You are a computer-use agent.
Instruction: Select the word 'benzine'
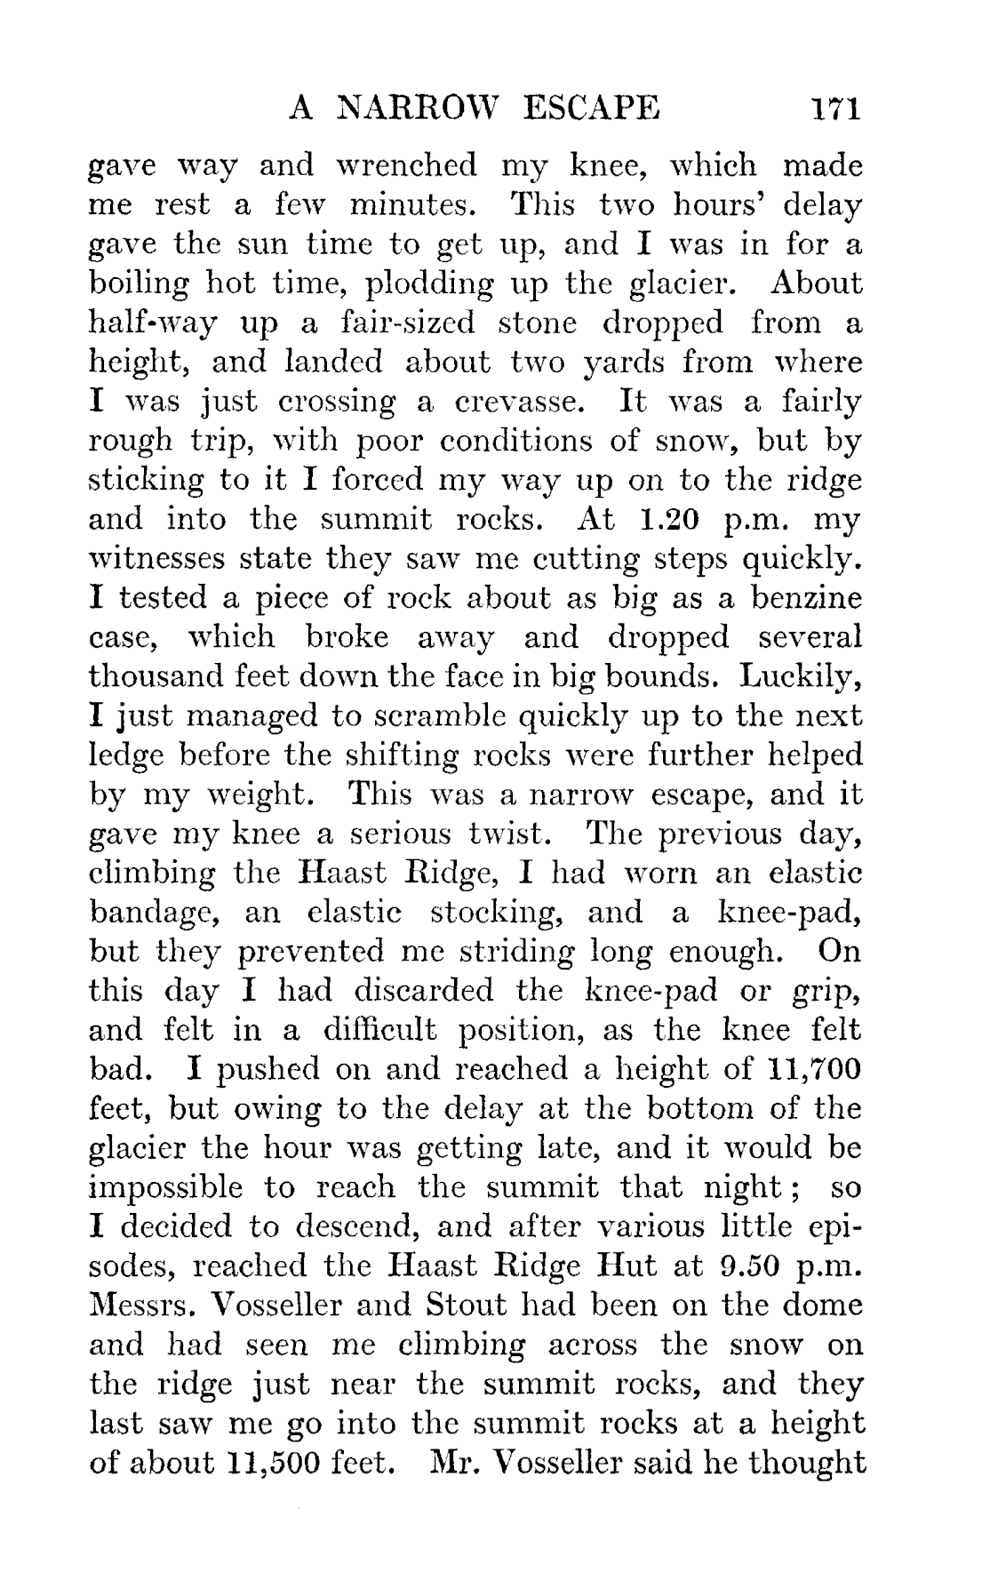pyautogui.click(x=807, y=597)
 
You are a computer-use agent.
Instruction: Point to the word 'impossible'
pyautogui.click(x=165, y=1187)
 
